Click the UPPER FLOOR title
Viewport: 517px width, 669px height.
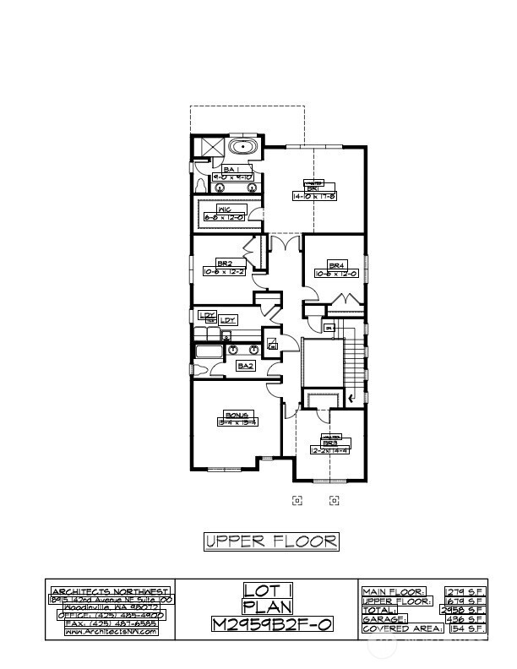tap(271, 541)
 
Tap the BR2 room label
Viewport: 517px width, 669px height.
tap(224, 264)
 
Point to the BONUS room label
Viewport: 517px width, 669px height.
tap(237, 415)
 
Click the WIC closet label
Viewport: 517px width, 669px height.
tap(226, 209)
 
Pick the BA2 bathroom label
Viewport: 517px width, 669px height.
tap(246, 366)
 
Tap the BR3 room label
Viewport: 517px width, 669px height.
tap(329, 442)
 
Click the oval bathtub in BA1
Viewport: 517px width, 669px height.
tap(244, 148)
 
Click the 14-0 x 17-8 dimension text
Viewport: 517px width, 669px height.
tap(314, 196)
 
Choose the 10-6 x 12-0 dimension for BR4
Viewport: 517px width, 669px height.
tap(337, 274)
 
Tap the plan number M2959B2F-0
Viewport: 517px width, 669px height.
tap(266, 624)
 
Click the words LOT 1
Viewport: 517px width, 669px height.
tap(266, 590)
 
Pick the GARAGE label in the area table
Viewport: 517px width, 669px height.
tap(385, 619)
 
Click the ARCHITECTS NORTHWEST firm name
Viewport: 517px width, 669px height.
tap(111, 591)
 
